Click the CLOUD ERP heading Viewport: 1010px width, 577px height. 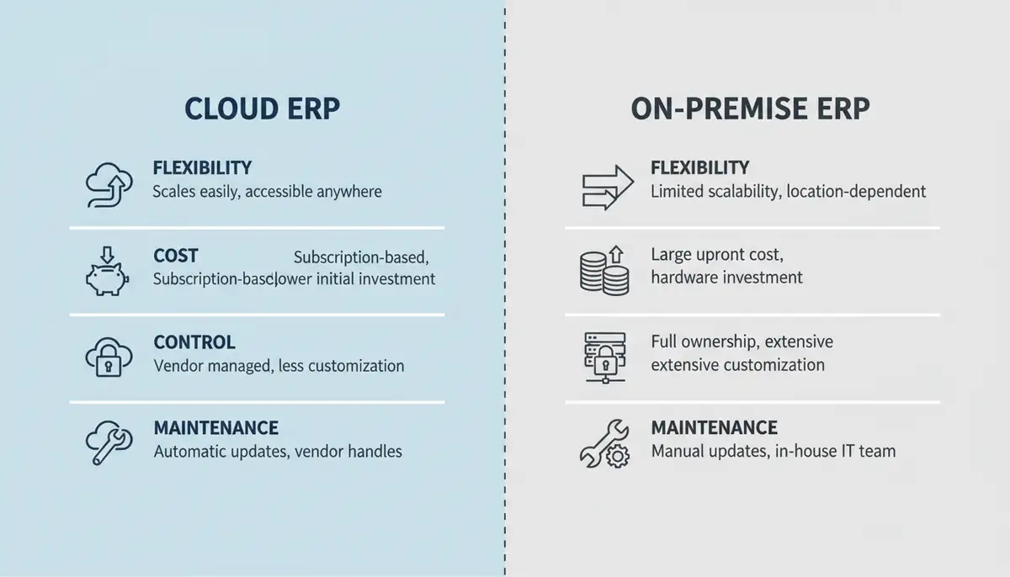(x=262, y=109)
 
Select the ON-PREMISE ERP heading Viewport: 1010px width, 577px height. (x=750, y=109)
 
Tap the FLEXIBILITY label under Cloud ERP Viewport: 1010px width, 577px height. (x=202, y=168)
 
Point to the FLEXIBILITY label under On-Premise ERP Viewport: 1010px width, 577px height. (x=699, y=168)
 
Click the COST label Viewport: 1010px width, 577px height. (x=176, y=255)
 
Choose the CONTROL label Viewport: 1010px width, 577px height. (x=194, y=342)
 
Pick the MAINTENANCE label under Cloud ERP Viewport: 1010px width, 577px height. (x=215, y=428)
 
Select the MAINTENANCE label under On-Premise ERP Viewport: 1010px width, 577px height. (x=714, y=428)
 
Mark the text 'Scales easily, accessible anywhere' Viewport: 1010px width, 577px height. (x=267, y=192)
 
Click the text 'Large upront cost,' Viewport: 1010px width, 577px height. (x=716, y=254)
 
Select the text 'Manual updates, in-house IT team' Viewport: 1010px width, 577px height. (x=773, y=452)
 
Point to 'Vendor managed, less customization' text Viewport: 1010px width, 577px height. (x=279, y=366)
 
